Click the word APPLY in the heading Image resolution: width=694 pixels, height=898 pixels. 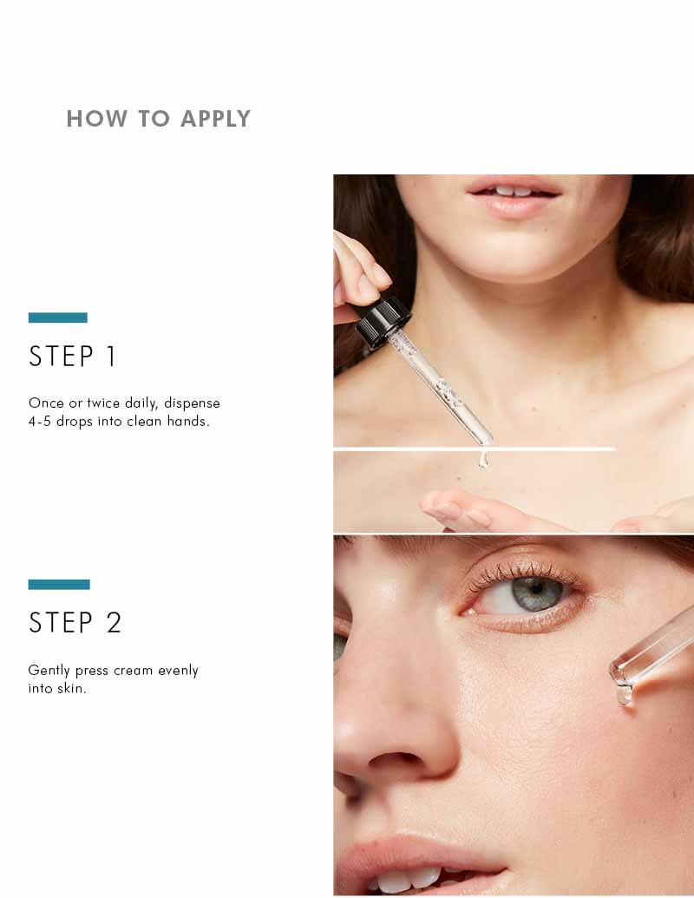point(215,119)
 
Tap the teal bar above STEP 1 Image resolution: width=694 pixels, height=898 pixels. point(58,318)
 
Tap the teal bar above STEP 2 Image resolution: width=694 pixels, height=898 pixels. point(59,585)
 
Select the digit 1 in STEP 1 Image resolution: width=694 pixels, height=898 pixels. point(110,357)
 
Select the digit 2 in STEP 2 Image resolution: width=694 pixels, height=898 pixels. point(114,623)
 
